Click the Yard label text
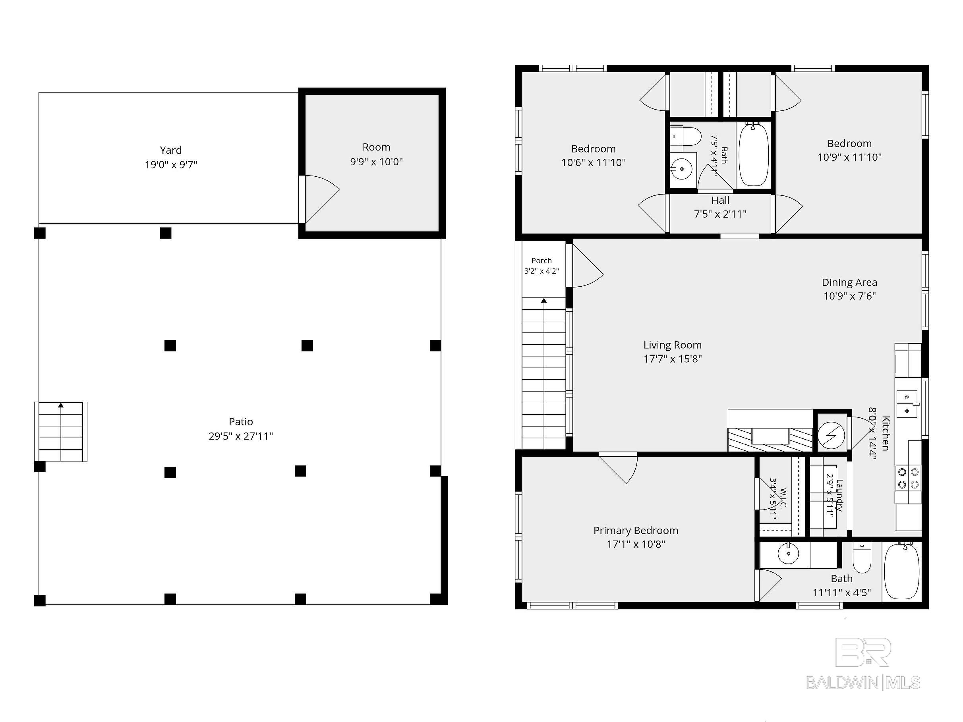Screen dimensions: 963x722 pos(171,150)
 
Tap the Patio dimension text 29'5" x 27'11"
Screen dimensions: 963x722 pos(241,436)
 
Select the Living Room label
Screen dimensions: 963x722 pos(673,345)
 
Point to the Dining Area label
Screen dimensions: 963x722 pos(849,282)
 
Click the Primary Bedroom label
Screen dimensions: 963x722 pos(636,531)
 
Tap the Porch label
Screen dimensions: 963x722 pos(541,261)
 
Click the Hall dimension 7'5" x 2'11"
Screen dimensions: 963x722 pos(720,214)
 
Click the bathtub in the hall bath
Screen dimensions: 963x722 pos(754,154)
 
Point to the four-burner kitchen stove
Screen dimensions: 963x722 pos(908,478)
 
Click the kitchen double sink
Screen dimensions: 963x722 pos(907,404)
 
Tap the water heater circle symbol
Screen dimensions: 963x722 pos(831,435)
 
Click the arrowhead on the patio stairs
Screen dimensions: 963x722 pos(61,405)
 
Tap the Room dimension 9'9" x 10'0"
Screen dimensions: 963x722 pos(376,162)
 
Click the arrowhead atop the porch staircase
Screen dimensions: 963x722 pos(544,300)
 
